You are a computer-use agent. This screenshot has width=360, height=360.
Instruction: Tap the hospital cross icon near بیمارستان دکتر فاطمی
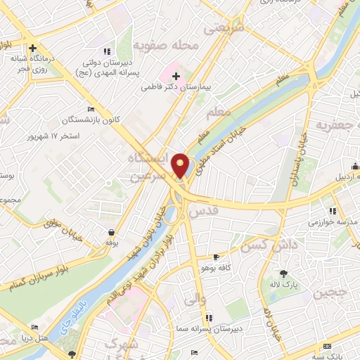tap(176, 76)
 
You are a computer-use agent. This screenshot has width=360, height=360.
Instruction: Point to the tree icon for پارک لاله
tap(284, 273)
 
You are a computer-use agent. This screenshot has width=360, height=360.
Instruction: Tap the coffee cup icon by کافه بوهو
tap(216, 257)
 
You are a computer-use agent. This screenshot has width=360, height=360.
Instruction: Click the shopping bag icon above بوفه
tap(111, 231)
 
